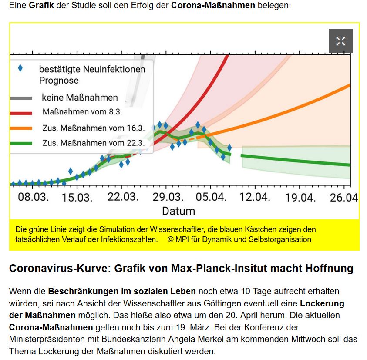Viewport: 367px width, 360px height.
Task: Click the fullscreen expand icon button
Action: click(x=340, y=41)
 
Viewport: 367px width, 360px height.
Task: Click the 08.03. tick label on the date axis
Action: click(x=33, y=197)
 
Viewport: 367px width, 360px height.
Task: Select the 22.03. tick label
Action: click(x=123, y=197)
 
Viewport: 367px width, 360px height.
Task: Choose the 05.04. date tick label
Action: click(x=211, y=197)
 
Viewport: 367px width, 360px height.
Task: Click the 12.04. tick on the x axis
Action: click(x=255, y=197)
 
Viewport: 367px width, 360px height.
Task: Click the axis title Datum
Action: click(x=178, y=212)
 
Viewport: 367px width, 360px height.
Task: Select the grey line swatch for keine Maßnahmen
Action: click(x=20, y=98)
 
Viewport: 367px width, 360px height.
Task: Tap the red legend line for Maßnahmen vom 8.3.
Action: click(x=20, y=113)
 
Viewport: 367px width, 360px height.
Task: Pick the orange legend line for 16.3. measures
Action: click(x=20, y=128)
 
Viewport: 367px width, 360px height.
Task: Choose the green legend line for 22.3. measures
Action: click(x=20, y=143)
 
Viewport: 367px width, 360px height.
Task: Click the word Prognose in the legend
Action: click(x=59, y=81)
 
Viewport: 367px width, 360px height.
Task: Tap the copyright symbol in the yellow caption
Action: click(x=170, y=239)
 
